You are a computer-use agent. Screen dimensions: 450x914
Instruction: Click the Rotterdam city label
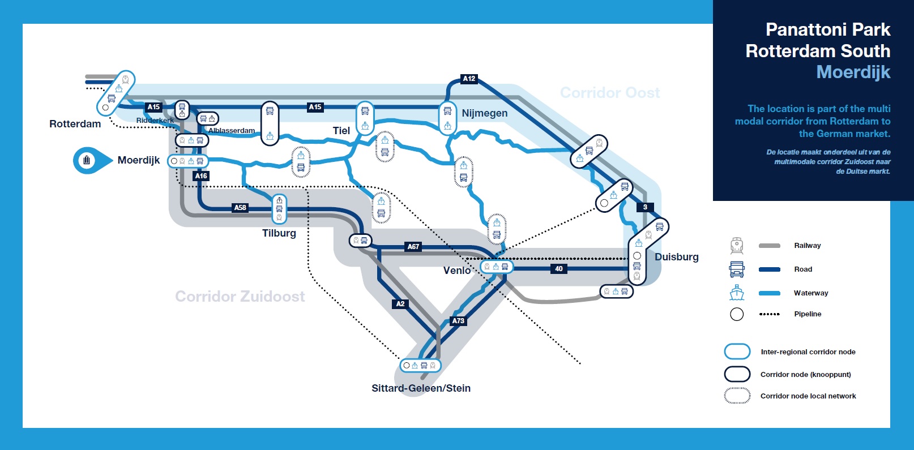(x=75, y=124)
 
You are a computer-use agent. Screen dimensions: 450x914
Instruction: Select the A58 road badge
(x=240, y=208)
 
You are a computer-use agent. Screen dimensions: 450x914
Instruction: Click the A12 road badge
(x=469, y=79)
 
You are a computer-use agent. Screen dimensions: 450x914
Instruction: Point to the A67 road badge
(x=413, y=247)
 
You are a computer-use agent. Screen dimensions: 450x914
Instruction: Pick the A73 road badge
(x=458, y=321)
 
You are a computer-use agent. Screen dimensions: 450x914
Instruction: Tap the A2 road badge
(x=400, y=304)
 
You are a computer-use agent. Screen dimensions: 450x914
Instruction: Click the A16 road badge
(x=201, y=176)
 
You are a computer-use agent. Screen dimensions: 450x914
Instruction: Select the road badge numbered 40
(x=559, y=269)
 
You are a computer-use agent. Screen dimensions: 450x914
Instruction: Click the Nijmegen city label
(x=485, y=113)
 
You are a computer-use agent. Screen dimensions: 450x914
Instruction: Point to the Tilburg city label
(x=279, y=233)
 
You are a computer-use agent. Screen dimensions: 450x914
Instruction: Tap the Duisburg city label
(x=677, y=257)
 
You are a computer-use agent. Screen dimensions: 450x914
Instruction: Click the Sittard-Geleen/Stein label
(x=421, y=388)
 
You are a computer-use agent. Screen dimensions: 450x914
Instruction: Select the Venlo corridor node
(x=497, y=267)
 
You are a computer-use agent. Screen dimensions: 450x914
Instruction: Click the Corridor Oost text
(x=610, y=93)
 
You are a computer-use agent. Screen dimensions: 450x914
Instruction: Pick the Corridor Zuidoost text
(x=240, y=297)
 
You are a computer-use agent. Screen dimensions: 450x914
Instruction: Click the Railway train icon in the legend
(x=737, y=246)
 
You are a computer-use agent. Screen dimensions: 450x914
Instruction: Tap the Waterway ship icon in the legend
(x=737, y=293)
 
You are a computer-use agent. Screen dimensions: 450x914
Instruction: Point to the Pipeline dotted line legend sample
(x=770, y=314)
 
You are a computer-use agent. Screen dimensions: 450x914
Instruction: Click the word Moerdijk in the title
(x=853, y=72)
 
